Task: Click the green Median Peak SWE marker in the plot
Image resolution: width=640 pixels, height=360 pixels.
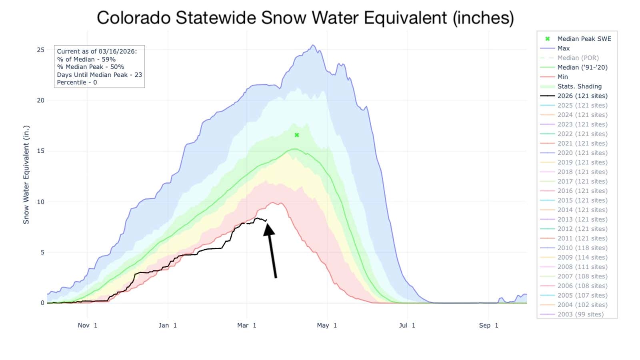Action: pos(297,135)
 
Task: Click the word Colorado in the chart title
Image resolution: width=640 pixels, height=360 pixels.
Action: pos(136,18)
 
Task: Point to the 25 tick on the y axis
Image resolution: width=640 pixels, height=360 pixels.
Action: pos(40,50)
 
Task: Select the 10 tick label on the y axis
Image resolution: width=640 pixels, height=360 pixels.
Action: pos(40,202)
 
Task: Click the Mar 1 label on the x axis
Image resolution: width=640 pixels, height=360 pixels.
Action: pos(246,325)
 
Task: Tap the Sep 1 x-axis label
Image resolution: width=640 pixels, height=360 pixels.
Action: pos(488,325)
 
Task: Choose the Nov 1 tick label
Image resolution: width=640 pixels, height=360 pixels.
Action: pos(87,325)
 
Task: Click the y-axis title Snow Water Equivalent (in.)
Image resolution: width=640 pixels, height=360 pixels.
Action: pos(26,175)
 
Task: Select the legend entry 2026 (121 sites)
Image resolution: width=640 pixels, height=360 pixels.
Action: pos(582,96)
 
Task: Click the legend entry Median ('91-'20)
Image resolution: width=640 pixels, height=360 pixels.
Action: pos(582,67)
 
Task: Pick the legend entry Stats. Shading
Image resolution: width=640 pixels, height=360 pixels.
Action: pos(579,86)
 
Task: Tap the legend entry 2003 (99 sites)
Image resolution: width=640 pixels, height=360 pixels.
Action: pos(580,314)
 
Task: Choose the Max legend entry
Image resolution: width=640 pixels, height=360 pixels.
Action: pos(563,48)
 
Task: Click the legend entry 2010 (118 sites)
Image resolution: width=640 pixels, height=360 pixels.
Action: pos(582,248)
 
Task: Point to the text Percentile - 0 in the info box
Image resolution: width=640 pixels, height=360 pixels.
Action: pos(77,82)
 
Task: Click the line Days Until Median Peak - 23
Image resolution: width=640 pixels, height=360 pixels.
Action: pos(99,75)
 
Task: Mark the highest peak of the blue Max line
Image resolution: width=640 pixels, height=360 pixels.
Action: pos(313,45)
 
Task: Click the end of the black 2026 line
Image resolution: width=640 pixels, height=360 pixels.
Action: pos(266,220)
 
